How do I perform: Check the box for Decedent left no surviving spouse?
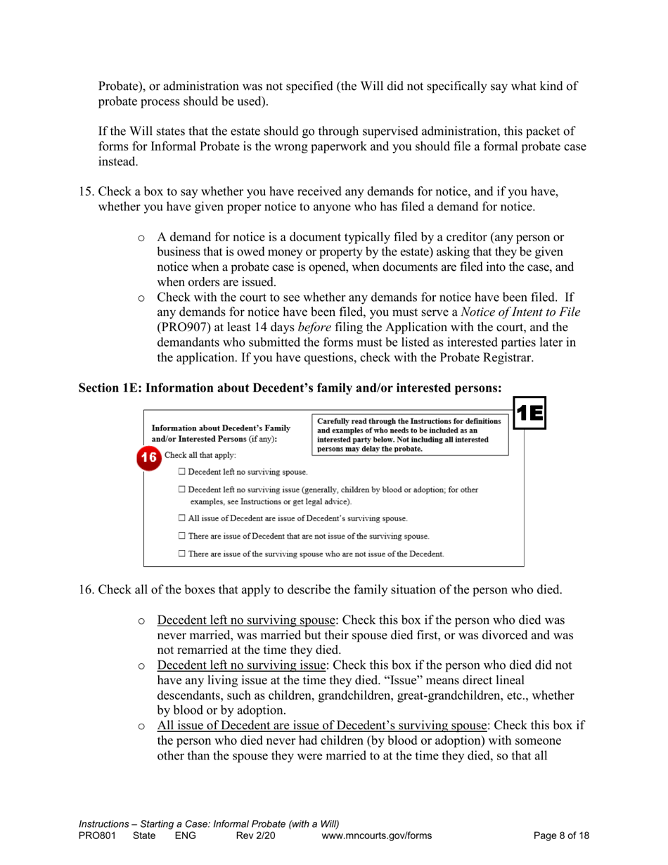[182, 471]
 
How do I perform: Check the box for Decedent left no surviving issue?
[182, 489]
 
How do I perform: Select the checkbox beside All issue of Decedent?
[182, 518]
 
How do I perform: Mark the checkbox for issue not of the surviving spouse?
[182, 537]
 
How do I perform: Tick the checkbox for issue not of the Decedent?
[182, 554]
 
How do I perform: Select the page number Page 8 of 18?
[561, 835]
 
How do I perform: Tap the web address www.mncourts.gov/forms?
[376, 835]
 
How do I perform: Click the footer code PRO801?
[97, 835]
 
